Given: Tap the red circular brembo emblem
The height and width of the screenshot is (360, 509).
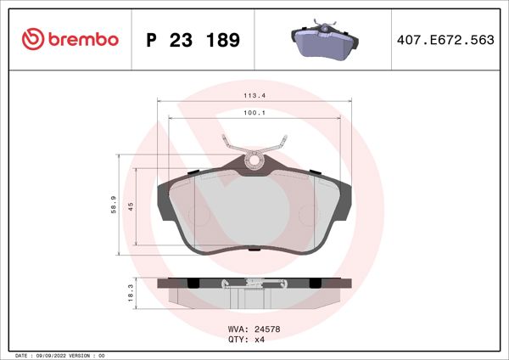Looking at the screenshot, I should click(32, 39).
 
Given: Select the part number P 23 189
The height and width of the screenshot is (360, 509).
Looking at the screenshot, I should click(193, 40).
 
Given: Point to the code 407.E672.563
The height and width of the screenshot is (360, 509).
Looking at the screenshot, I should click(446, 40).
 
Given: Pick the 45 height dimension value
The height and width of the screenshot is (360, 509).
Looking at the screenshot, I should click(131, 206).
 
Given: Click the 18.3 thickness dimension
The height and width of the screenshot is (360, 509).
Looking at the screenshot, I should click(130, 291).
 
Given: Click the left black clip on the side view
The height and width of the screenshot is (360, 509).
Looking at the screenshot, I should click(193, 282).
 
